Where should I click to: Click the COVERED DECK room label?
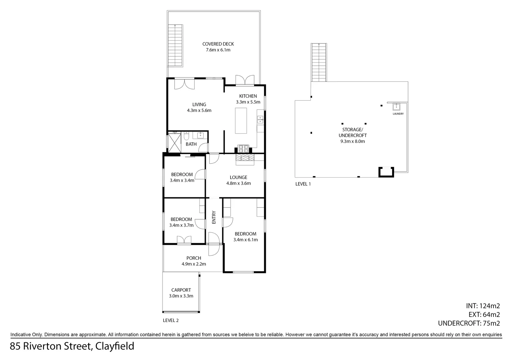218,44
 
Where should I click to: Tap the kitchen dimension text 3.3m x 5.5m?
248,102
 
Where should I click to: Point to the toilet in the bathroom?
186,136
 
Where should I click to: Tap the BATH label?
191,144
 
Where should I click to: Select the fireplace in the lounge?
245,159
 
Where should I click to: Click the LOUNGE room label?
238,177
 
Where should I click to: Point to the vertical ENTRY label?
214,217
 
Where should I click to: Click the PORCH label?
194,258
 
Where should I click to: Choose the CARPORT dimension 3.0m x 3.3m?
181,296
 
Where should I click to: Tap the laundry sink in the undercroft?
396,107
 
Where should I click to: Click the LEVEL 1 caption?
303,184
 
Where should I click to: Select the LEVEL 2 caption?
171,320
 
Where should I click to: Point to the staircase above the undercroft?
319,62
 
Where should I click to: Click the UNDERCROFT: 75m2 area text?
469,323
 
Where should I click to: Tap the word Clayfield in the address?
115,346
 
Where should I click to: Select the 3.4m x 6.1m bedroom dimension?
245,240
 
